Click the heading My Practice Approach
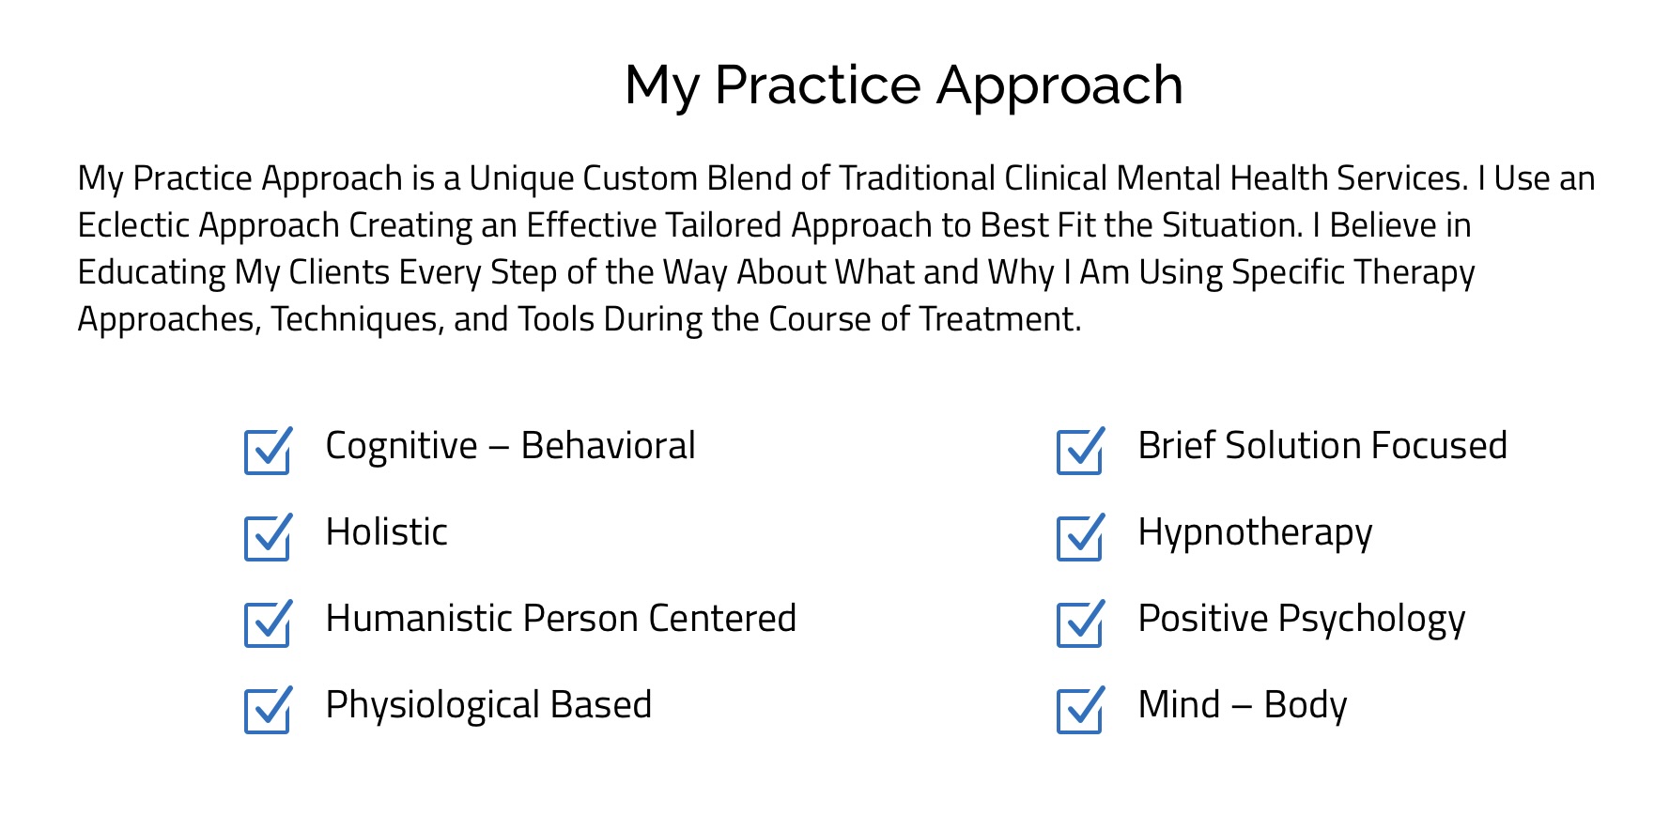pos(904,86)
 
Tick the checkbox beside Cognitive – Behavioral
pos(268,451)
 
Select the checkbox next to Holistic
pos(268,537)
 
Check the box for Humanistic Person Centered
pos(268,623)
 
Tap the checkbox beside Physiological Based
pos(268,710)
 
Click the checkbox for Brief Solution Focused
pos(1080,451)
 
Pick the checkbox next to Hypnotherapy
pos(1080,537)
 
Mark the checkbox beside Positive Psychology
pos(1080,623)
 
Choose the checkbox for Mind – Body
pos(1080,710)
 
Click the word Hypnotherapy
pos(1255,533)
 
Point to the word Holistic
pos(386,531)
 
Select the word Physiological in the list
pos(433,706)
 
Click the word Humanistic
pos(419,618)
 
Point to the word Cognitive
pos(401,447)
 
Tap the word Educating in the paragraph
pos(152,274)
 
